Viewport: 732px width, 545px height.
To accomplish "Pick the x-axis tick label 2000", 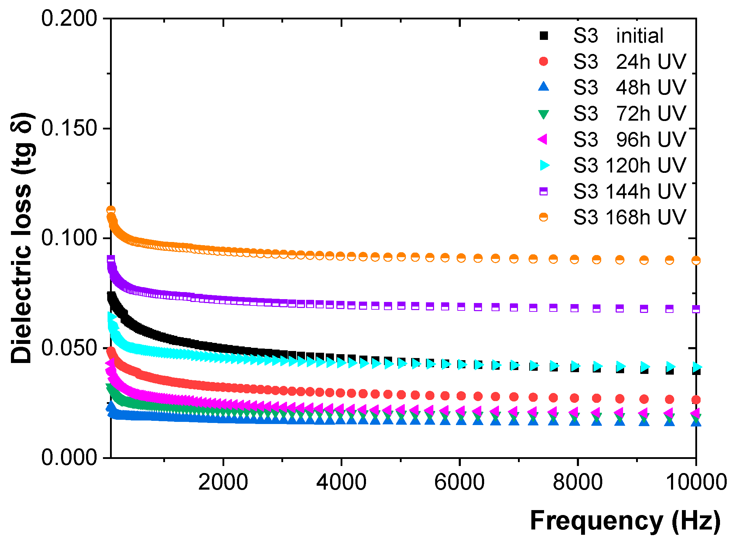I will pos(223,482).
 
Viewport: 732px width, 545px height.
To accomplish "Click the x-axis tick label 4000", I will pos(341,482).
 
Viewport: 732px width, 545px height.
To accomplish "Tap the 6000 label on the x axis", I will pos(459,482).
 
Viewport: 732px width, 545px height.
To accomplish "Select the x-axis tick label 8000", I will pos(578,482).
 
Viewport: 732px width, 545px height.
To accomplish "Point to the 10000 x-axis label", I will pos(696,482).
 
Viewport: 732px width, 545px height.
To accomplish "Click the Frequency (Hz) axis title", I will pos(625,521).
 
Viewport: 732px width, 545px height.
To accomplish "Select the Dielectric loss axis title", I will pos(22,238).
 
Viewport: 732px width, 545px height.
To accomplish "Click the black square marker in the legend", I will pos(544,36).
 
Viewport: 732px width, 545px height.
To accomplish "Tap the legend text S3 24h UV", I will pos(629,62).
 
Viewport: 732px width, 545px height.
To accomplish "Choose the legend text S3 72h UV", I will pos(629,114).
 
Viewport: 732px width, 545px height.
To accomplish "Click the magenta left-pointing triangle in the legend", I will pos(543,139).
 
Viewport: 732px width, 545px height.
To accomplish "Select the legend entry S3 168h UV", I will pos(629,217).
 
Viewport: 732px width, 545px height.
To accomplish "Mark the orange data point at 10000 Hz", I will pos(696,260).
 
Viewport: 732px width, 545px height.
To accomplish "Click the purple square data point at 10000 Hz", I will pos(696,309).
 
